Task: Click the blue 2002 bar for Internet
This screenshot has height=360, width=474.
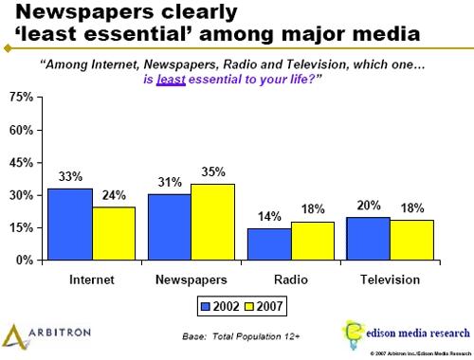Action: [x=70, y=224]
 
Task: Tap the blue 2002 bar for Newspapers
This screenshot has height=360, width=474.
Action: [x=169, y=226]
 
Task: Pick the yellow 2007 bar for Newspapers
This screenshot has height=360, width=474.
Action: [x=212, y=222]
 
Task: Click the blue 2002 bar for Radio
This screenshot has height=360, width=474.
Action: [x=268, y=243]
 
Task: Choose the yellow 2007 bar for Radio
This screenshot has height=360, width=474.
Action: [x=312, y=240]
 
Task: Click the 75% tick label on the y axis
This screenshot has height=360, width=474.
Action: [x=22, y=99]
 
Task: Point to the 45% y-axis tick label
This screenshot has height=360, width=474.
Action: [x=22, y=163]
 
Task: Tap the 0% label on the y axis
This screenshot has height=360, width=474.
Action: [x=26, y=260]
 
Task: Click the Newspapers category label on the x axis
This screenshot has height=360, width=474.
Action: [x=191, y=280]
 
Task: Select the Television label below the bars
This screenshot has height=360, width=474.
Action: [x=389, y=280]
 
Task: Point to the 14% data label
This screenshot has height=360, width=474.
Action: [x=268, y=216]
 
